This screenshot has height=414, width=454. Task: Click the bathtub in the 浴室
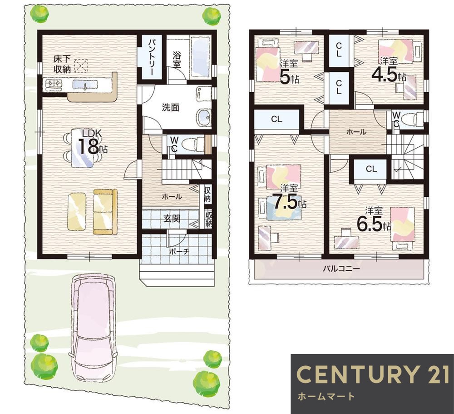200,57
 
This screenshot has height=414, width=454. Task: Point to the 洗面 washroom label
171,108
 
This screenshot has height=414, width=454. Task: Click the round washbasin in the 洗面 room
204,117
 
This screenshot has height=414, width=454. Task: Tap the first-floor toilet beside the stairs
193,144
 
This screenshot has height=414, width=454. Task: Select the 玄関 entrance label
172,218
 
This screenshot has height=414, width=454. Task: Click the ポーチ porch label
179,251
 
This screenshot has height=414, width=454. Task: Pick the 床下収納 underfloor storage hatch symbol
81,66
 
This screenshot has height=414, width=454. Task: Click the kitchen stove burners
54,84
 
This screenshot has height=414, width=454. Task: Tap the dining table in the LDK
83,148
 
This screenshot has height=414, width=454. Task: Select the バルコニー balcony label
341,269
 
